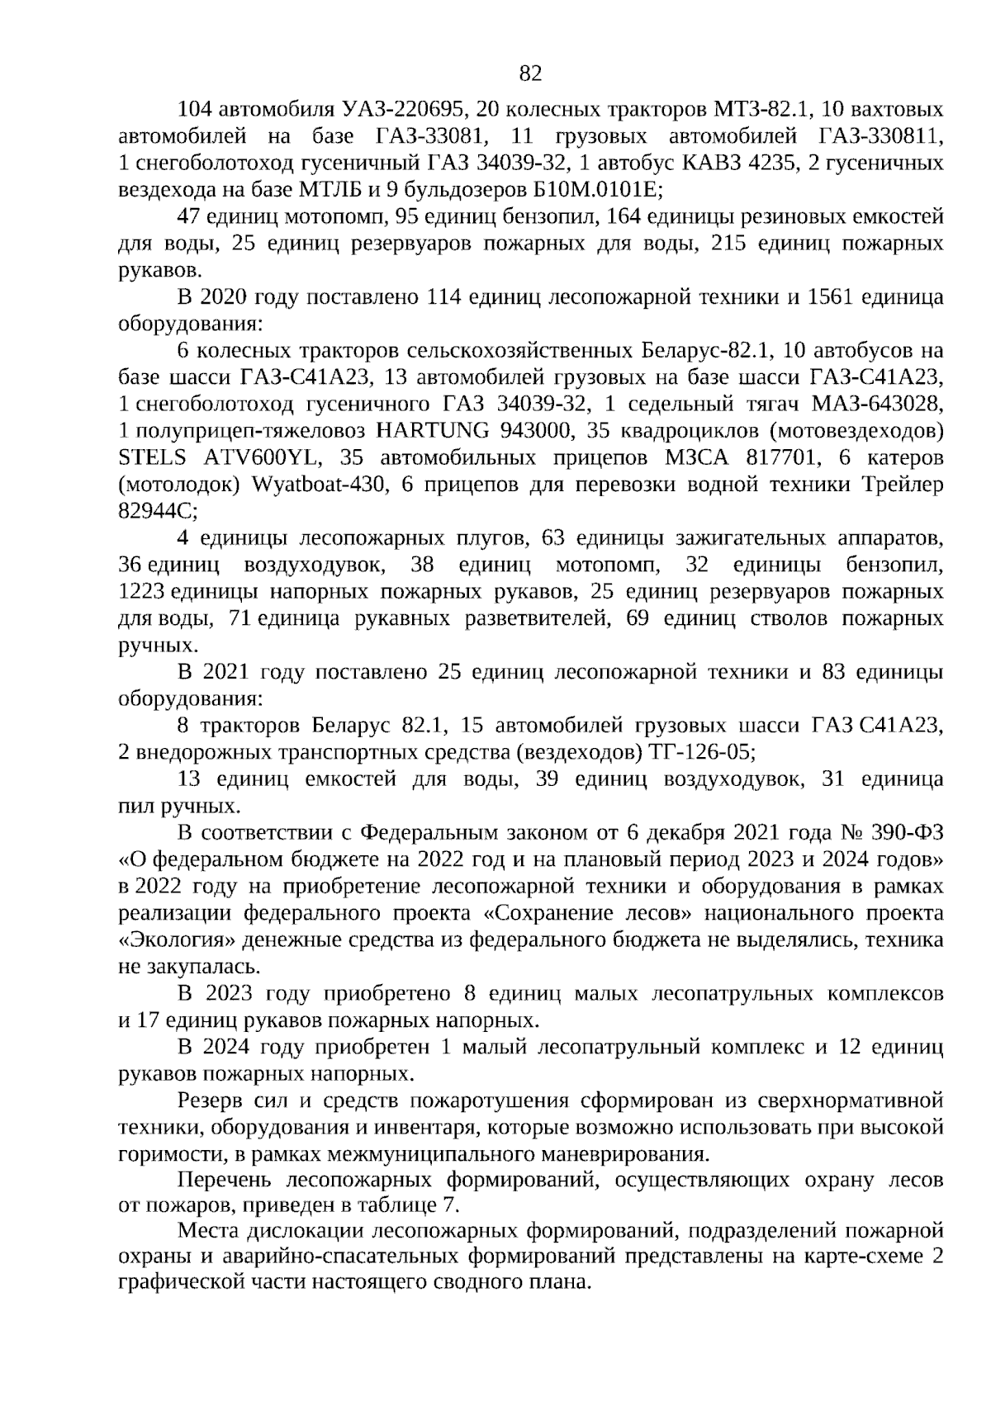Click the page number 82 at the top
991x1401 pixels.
click(x=529, y=73)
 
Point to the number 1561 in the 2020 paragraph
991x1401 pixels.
click(x=828, y=297)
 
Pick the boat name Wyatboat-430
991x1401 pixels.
click(x=315, y=485)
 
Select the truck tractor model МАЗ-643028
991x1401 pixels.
click(x=877, y=405)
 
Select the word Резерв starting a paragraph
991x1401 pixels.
click(x=210, y=1100)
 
